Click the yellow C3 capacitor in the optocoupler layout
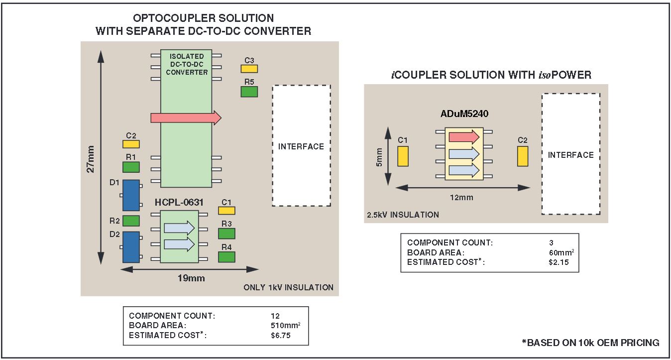(x=249, y=69)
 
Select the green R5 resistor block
(x=249, y=92)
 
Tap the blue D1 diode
(x=131, y=195)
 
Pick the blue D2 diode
(x=131, y=246)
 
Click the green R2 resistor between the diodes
(x=131, y=220)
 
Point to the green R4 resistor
(x=226, y=256)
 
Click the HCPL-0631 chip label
(x=179, y=203)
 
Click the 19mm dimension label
(x=191, y=278)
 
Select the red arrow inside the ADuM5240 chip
(x=463, y=137)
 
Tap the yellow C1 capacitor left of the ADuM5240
(x=403, y=156)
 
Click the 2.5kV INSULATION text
(x=403, y=215)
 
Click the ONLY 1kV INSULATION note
(x=288, y=287)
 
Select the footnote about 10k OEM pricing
(x=590, y=343)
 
